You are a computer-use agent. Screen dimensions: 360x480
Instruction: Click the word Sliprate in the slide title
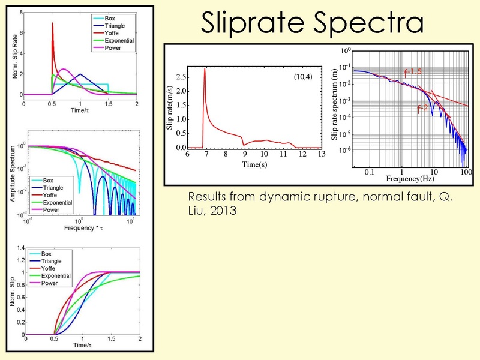click(253, 23)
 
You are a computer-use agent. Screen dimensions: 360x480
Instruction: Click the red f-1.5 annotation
click(413, 72)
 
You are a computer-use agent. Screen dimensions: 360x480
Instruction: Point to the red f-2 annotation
click(423, 109)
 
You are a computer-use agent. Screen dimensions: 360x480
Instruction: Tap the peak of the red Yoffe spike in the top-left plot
click(52, 23)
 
